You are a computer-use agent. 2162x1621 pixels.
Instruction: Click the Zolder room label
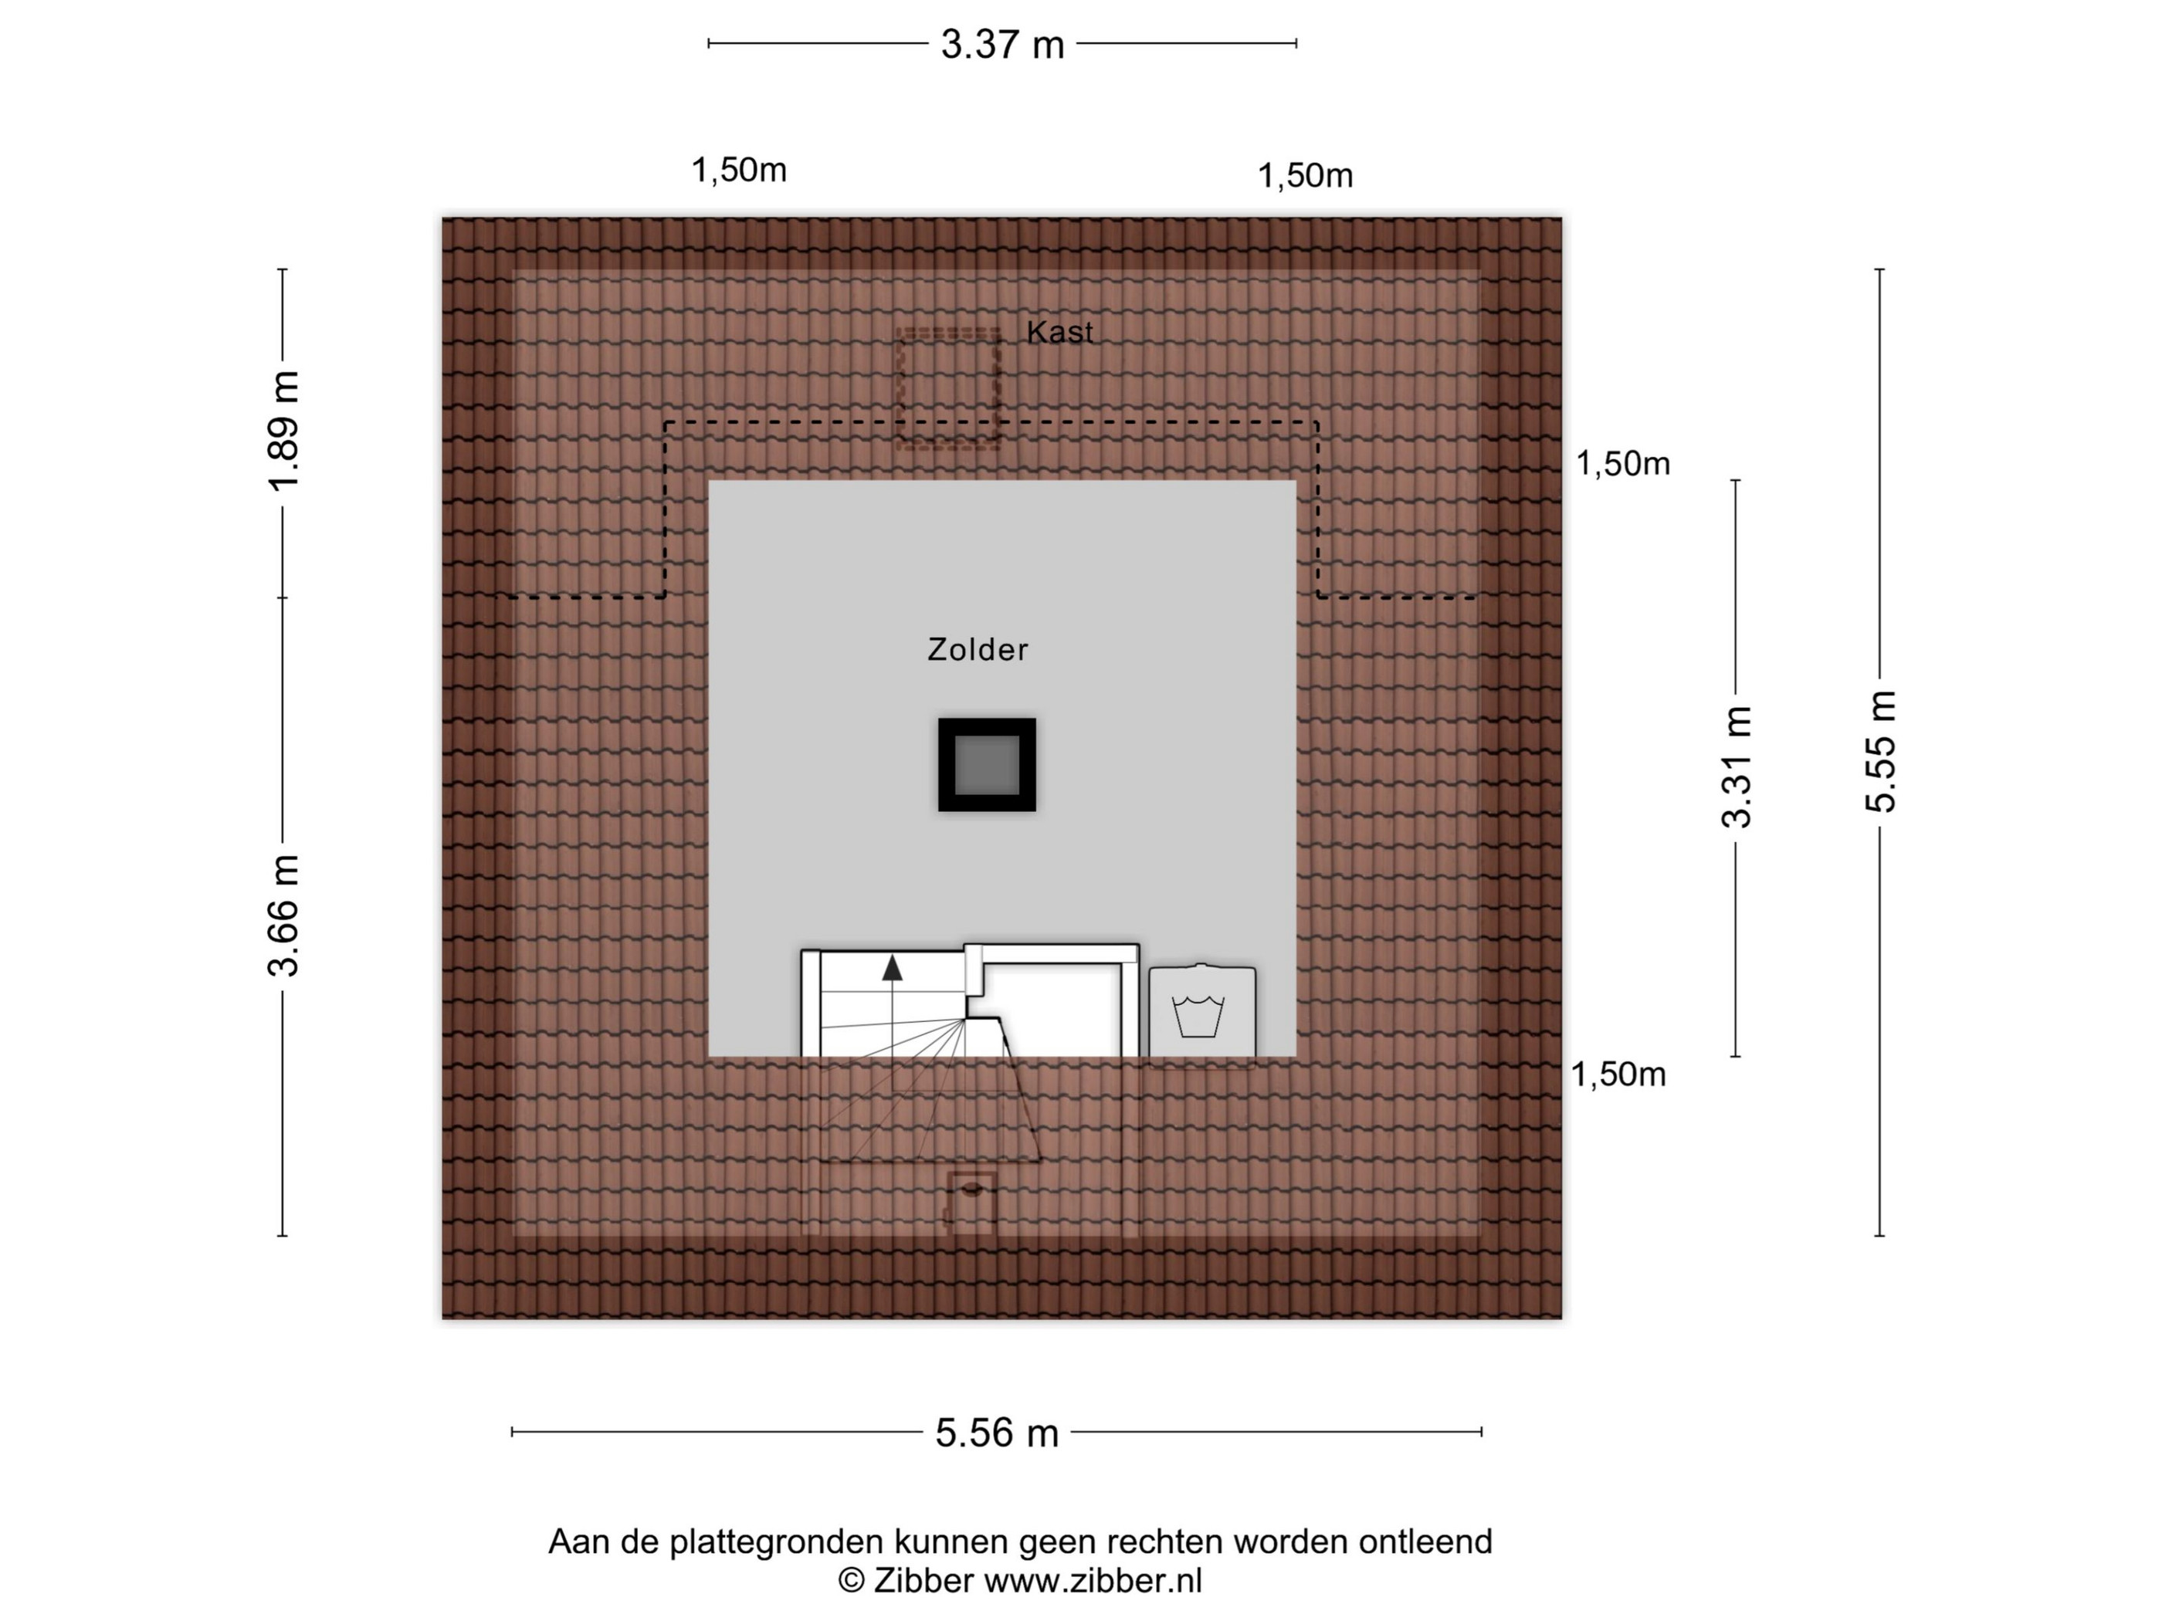(x=978, y=650)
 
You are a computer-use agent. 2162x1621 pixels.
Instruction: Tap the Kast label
(x=1059, y=332)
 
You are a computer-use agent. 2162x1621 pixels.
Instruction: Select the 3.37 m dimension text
(x=1001, y=45)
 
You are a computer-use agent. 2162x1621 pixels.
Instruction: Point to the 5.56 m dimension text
(x=997, y=1433)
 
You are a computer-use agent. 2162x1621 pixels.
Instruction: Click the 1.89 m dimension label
(x=284, y=431)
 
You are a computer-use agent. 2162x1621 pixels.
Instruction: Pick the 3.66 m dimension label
(x=284, y=915)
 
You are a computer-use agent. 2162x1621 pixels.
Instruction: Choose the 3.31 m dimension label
(x=1737, y=767)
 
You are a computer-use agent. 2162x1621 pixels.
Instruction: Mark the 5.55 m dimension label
(x=1880, y=751)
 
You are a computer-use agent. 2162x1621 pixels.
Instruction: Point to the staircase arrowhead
(x=893, y=967)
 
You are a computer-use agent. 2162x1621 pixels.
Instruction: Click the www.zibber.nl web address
(x=1093, y=1581)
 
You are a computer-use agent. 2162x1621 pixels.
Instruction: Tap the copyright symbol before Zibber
(x=852, y=1581)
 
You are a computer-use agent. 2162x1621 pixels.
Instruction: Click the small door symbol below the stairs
(x=971, y=1203)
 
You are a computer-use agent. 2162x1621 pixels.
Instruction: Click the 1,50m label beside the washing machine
(x=1618, y=1074)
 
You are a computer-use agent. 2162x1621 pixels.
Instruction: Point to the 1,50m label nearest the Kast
(x=1306, y=177)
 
